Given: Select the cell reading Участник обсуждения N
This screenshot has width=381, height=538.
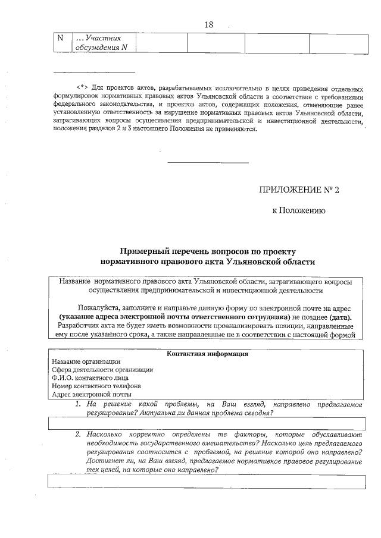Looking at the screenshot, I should point(102,43).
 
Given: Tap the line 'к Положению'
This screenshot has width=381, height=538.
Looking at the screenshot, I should point(298,210).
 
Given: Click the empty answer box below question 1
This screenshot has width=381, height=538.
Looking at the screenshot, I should point(205,423).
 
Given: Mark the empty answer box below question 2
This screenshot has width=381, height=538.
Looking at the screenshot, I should point(205,480).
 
